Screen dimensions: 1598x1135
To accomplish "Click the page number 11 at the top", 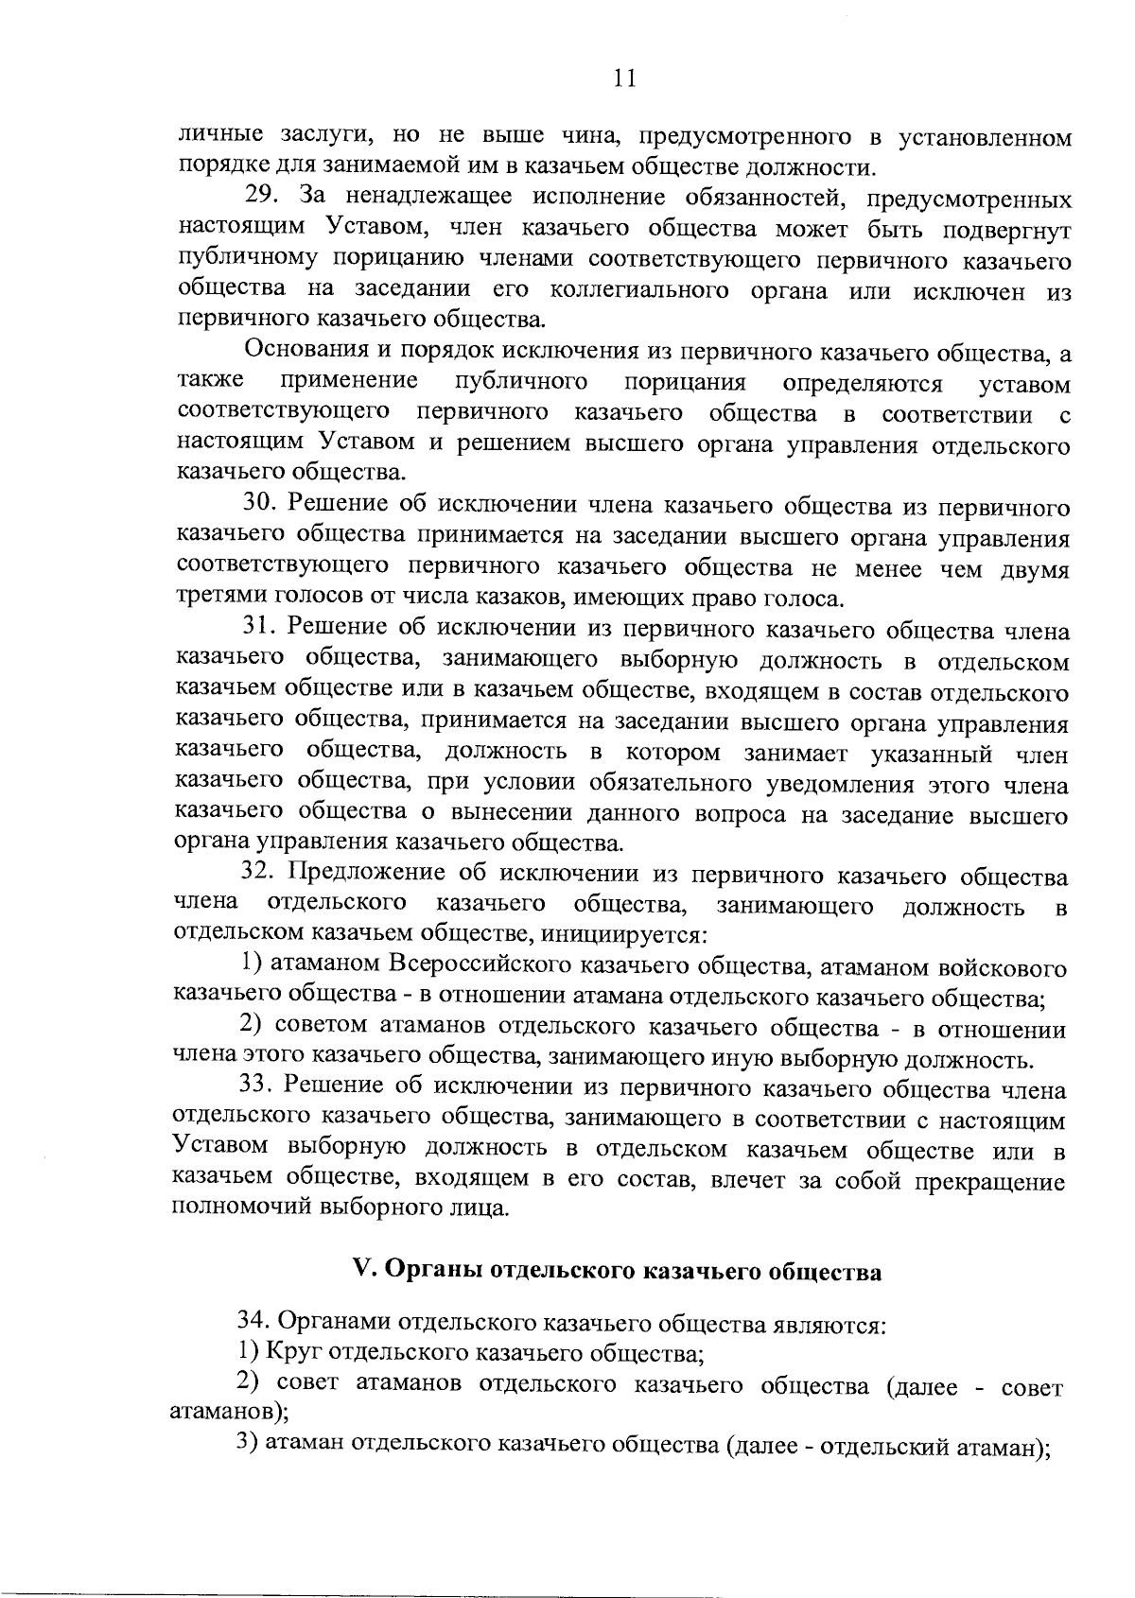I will (623, 78).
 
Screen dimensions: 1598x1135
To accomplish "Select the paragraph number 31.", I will (258, 628).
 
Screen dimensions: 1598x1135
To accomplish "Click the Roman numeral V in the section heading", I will (359, 1272).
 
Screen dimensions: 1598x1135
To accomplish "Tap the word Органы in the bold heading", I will (428, 1273).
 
